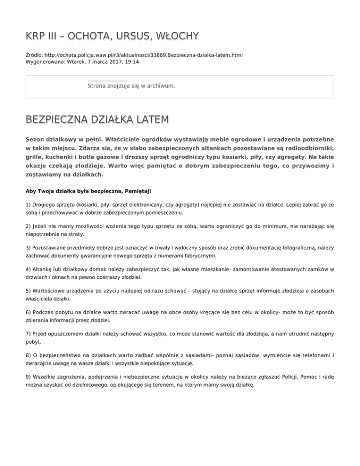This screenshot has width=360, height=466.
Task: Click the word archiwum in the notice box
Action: pos(160,86)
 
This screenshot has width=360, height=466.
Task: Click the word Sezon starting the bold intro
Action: pos(36,140)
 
